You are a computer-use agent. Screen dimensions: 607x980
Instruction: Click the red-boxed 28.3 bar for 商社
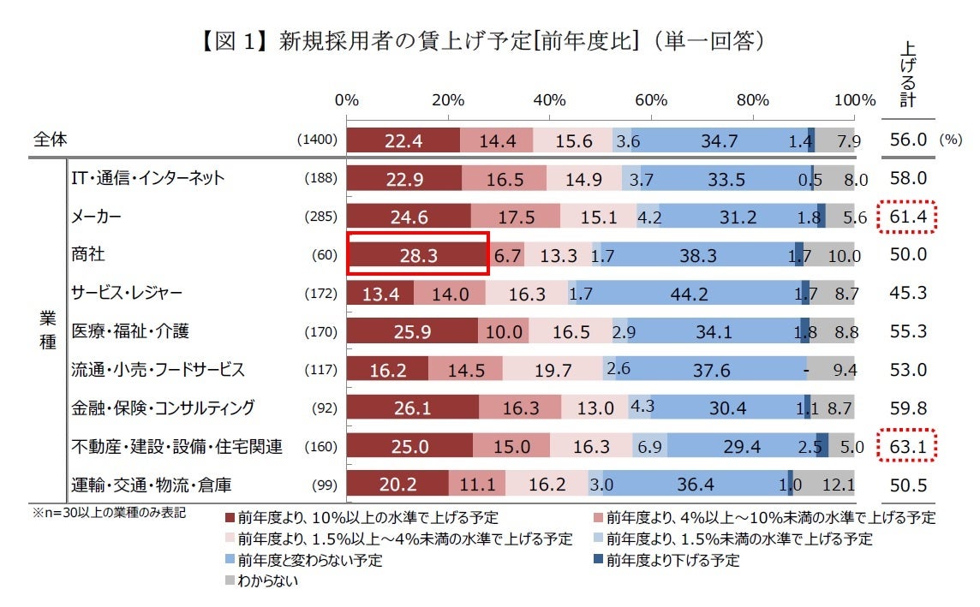[417, 254]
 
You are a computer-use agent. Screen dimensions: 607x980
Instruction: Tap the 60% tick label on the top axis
[651, 99]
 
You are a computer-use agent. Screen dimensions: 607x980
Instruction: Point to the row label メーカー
[96, 217]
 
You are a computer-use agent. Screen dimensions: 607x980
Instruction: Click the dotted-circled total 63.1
[907, 446]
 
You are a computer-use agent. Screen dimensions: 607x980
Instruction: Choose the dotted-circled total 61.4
[907, 217]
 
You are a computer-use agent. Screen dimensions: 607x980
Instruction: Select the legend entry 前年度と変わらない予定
[309, 561]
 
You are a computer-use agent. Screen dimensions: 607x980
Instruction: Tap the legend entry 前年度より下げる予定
[672, 561]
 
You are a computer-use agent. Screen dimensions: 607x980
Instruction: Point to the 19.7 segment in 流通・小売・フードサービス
[553, 370]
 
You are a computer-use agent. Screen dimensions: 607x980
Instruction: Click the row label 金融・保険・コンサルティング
[162, 408]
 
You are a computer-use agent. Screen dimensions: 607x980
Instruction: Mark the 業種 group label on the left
[48, 330]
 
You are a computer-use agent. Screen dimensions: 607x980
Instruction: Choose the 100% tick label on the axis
[854, 99]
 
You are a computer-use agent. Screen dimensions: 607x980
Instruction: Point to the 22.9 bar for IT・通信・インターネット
[404, 179]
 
